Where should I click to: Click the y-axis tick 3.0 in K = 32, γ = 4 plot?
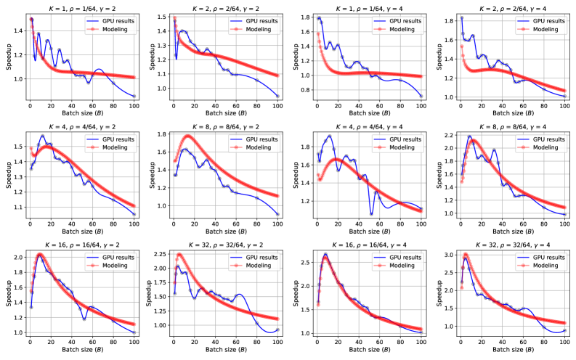[450, 255]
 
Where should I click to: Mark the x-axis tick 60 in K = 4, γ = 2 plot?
[92, 221]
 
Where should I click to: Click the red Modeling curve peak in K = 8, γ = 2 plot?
[188, 136]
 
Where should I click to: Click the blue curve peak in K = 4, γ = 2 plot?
[42, 136]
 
